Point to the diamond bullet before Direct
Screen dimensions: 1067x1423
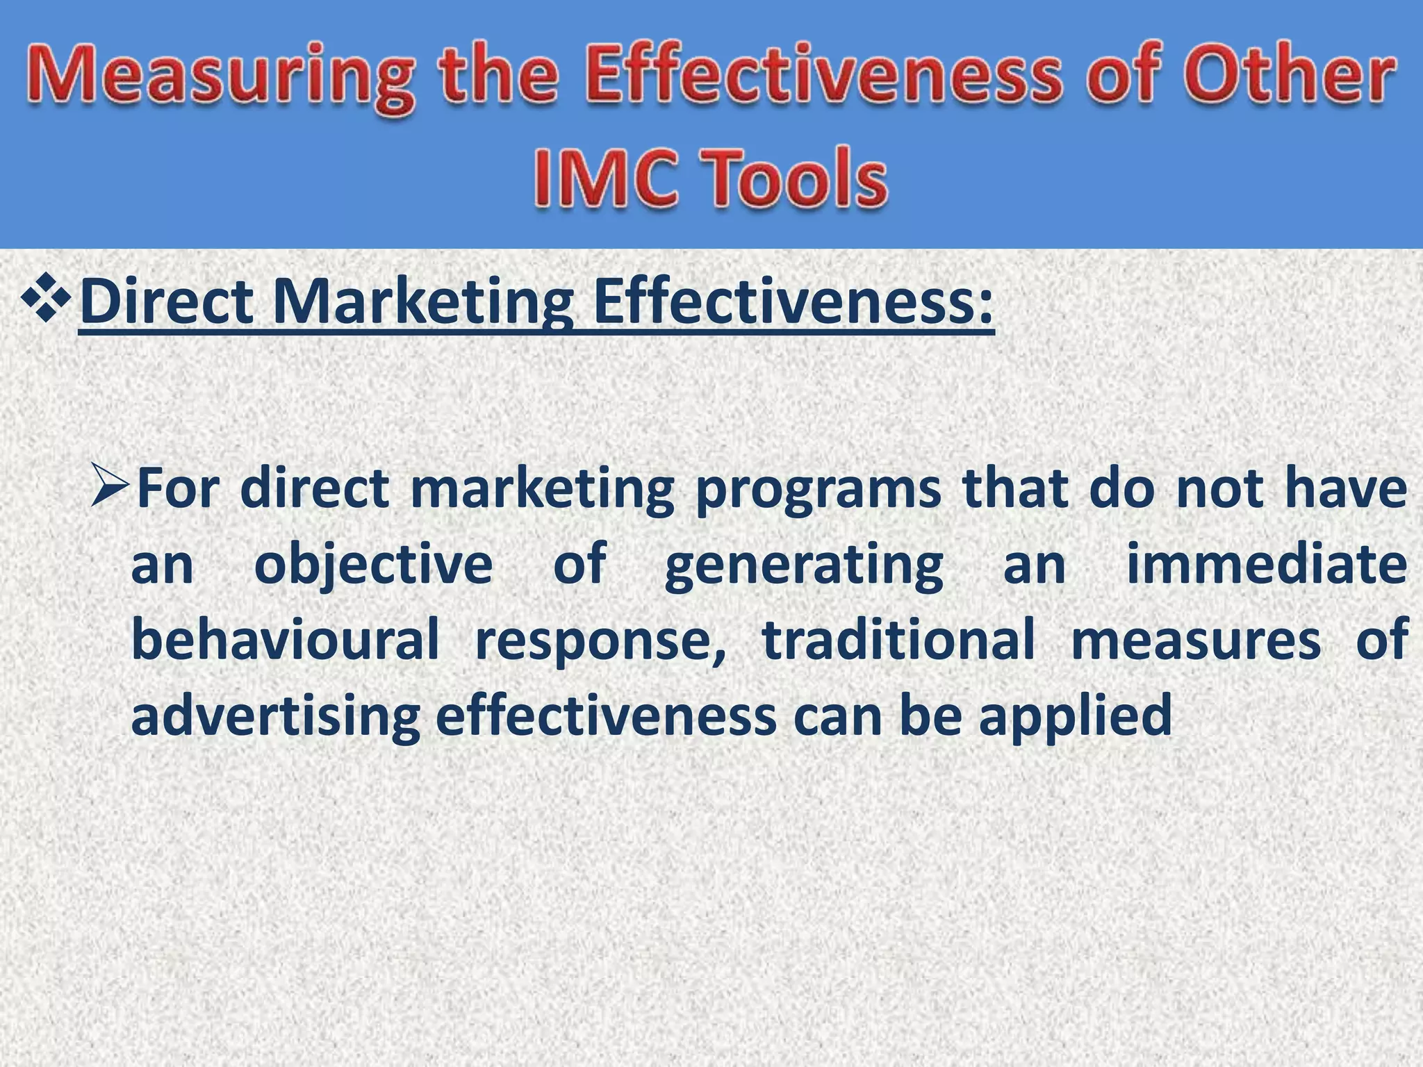pyautogui.click(x=47, y=299)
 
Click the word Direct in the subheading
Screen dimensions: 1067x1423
pyautogui.click(x=167, y=303)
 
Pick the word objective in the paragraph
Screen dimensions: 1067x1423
pyautogui.click(x=373, y=565)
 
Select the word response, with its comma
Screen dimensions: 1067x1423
pyautogui.click(x=600, y=640)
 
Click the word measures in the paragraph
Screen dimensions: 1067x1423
pyautogui.click(x=1195, y=640)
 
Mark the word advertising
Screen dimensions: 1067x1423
pyautogui.click(x=276, y=716)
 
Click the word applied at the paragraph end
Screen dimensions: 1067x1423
pyautogui.click(x=1076, y=716)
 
